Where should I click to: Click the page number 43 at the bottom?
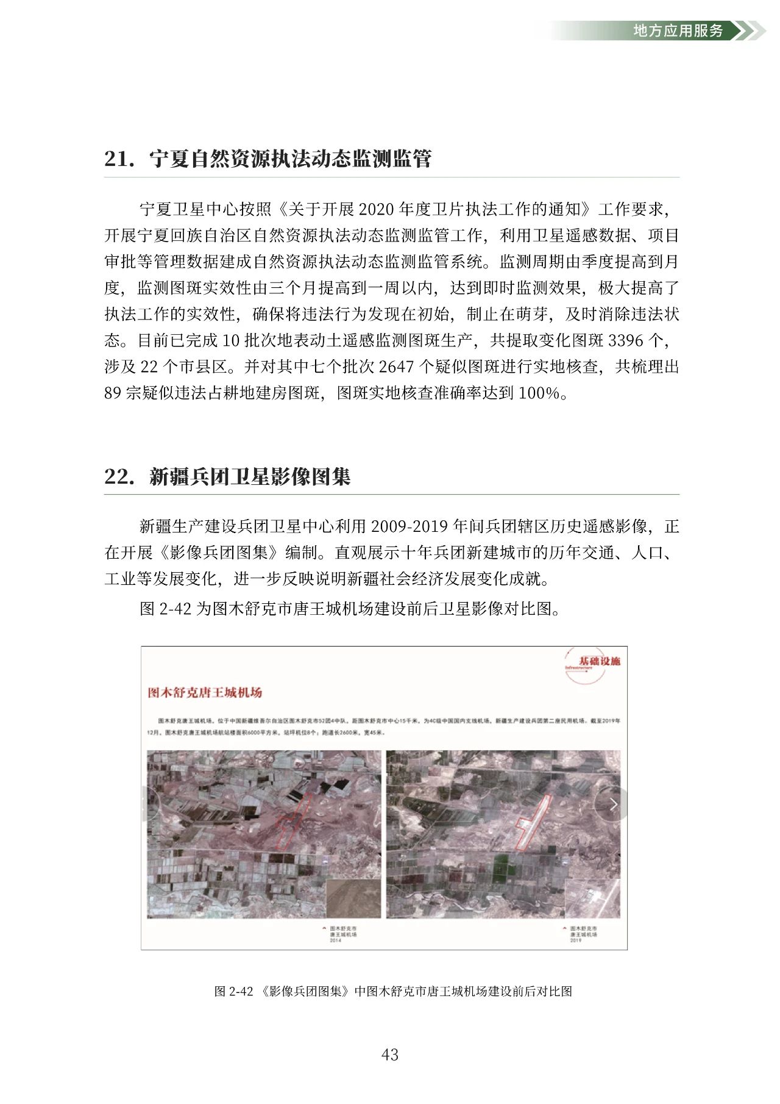(389, 1054)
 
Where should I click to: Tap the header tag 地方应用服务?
(678, 30)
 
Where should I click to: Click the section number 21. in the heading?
(119, 159)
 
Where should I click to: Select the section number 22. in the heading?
(119, 476)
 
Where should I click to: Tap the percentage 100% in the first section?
(539, 393)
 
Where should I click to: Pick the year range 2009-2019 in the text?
(409, 526)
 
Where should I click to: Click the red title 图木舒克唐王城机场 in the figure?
(205, 692)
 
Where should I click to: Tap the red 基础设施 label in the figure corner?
(599, 661)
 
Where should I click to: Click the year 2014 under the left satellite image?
(336, 940)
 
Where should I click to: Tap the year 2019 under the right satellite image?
(576, 940)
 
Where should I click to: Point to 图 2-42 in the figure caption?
(233, 991)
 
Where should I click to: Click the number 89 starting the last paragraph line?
(113, 393)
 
